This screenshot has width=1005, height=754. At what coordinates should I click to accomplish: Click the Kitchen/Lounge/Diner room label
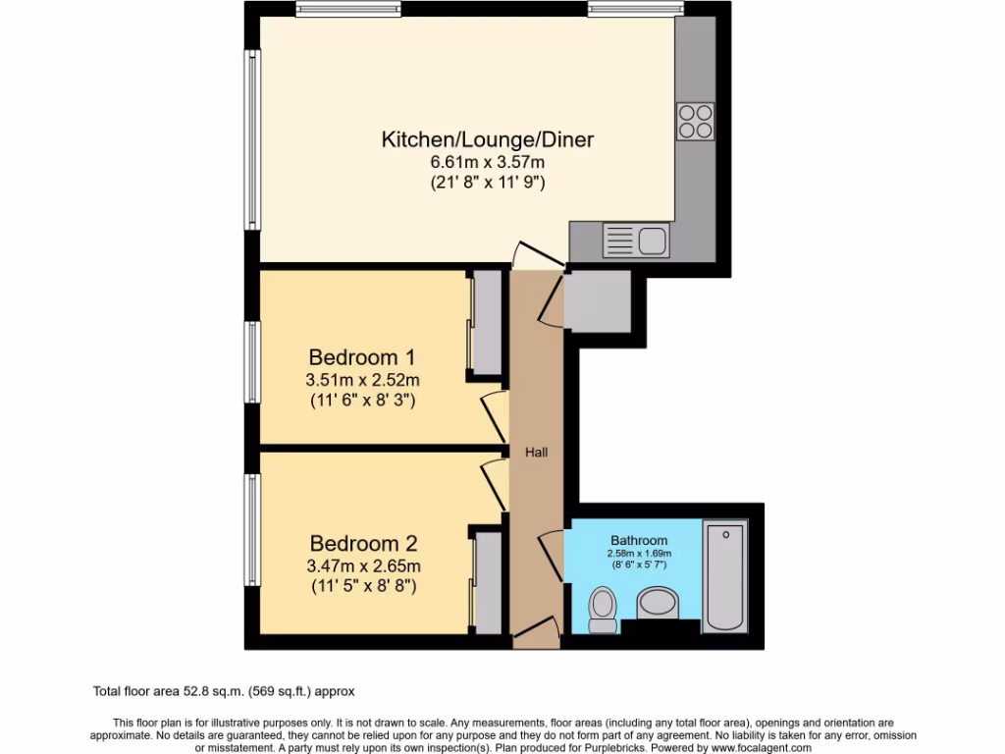(x=487, y=139)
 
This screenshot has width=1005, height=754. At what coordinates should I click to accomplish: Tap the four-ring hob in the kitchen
(x=695, y=121)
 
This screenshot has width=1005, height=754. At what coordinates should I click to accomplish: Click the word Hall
(x=537, y=453)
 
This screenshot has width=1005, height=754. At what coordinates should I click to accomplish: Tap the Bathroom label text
(x=639, y=540)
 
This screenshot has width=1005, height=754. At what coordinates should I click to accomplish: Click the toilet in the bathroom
(x=602, y=610)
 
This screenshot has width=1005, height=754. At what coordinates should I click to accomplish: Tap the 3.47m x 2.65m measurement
(x=364, y=565)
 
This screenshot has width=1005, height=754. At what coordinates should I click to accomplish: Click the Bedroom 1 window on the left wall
(x=252, y=360)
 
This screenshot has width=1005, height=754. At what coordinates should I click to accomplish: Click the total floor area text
(x=231, y=691)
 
